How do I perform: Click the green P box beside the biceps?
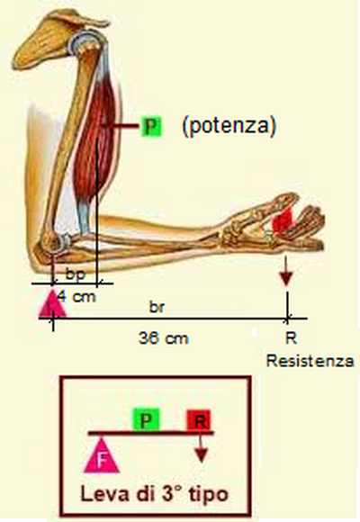(x=151, y=127)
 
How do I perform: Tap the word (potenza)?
(x=229, y=126)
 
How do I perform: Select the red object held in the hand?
(x=283, y=220)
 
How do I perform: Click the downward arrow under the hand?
(x=285, y=271)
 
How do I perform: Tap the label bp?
(x=76, y=274)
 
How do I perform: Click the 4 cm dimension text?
(x=76, y=296)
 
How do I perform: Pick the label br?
(x=157, y=307)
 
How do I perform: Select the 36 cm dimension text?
(x=163, y=338)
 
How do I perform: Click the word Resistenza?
(x=310, y=361)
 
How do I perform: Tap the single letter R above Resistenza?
(x=291, y=338)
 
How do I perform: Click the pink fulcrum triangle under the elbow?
(x=52, y=304)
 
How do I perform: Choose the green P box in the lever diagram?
(x=146, y=419)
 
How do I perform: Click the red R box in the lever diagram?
(x=199, y=420)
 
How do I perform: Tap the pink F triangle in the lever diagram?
(x=101, y=457)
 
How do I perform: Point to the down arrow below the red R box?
(x=201, y=448)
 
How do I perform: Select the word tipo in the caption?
(x=209, y=495)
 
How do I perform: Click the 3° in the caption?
(x=172, y=493)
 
